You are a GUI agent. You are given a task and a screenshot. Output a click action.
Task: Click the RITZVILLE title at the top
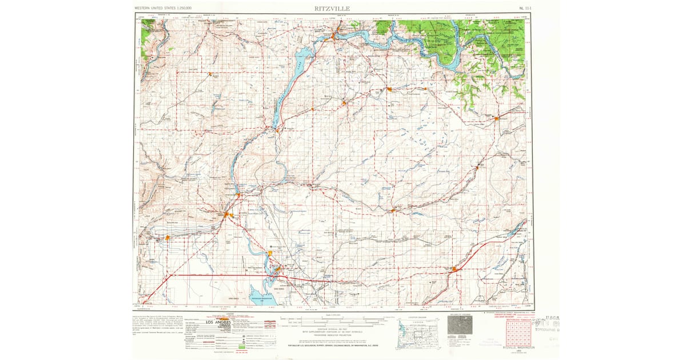(332, 8)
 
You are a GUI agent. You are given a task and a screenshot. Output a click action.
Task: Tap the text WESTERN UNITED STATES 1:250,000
(163, 9)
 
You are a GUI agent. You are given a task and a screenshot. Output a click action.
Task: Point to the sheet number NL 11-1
(524, 9)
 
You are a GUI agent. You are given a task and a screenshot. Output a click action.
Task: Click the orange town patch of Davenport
(497, 118)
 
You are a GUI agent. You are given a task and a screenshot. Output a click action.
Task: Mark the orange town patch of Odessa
(393, 211)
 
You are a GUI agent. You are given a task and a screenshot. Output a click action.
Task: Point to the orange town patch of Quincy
(167, 237)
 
